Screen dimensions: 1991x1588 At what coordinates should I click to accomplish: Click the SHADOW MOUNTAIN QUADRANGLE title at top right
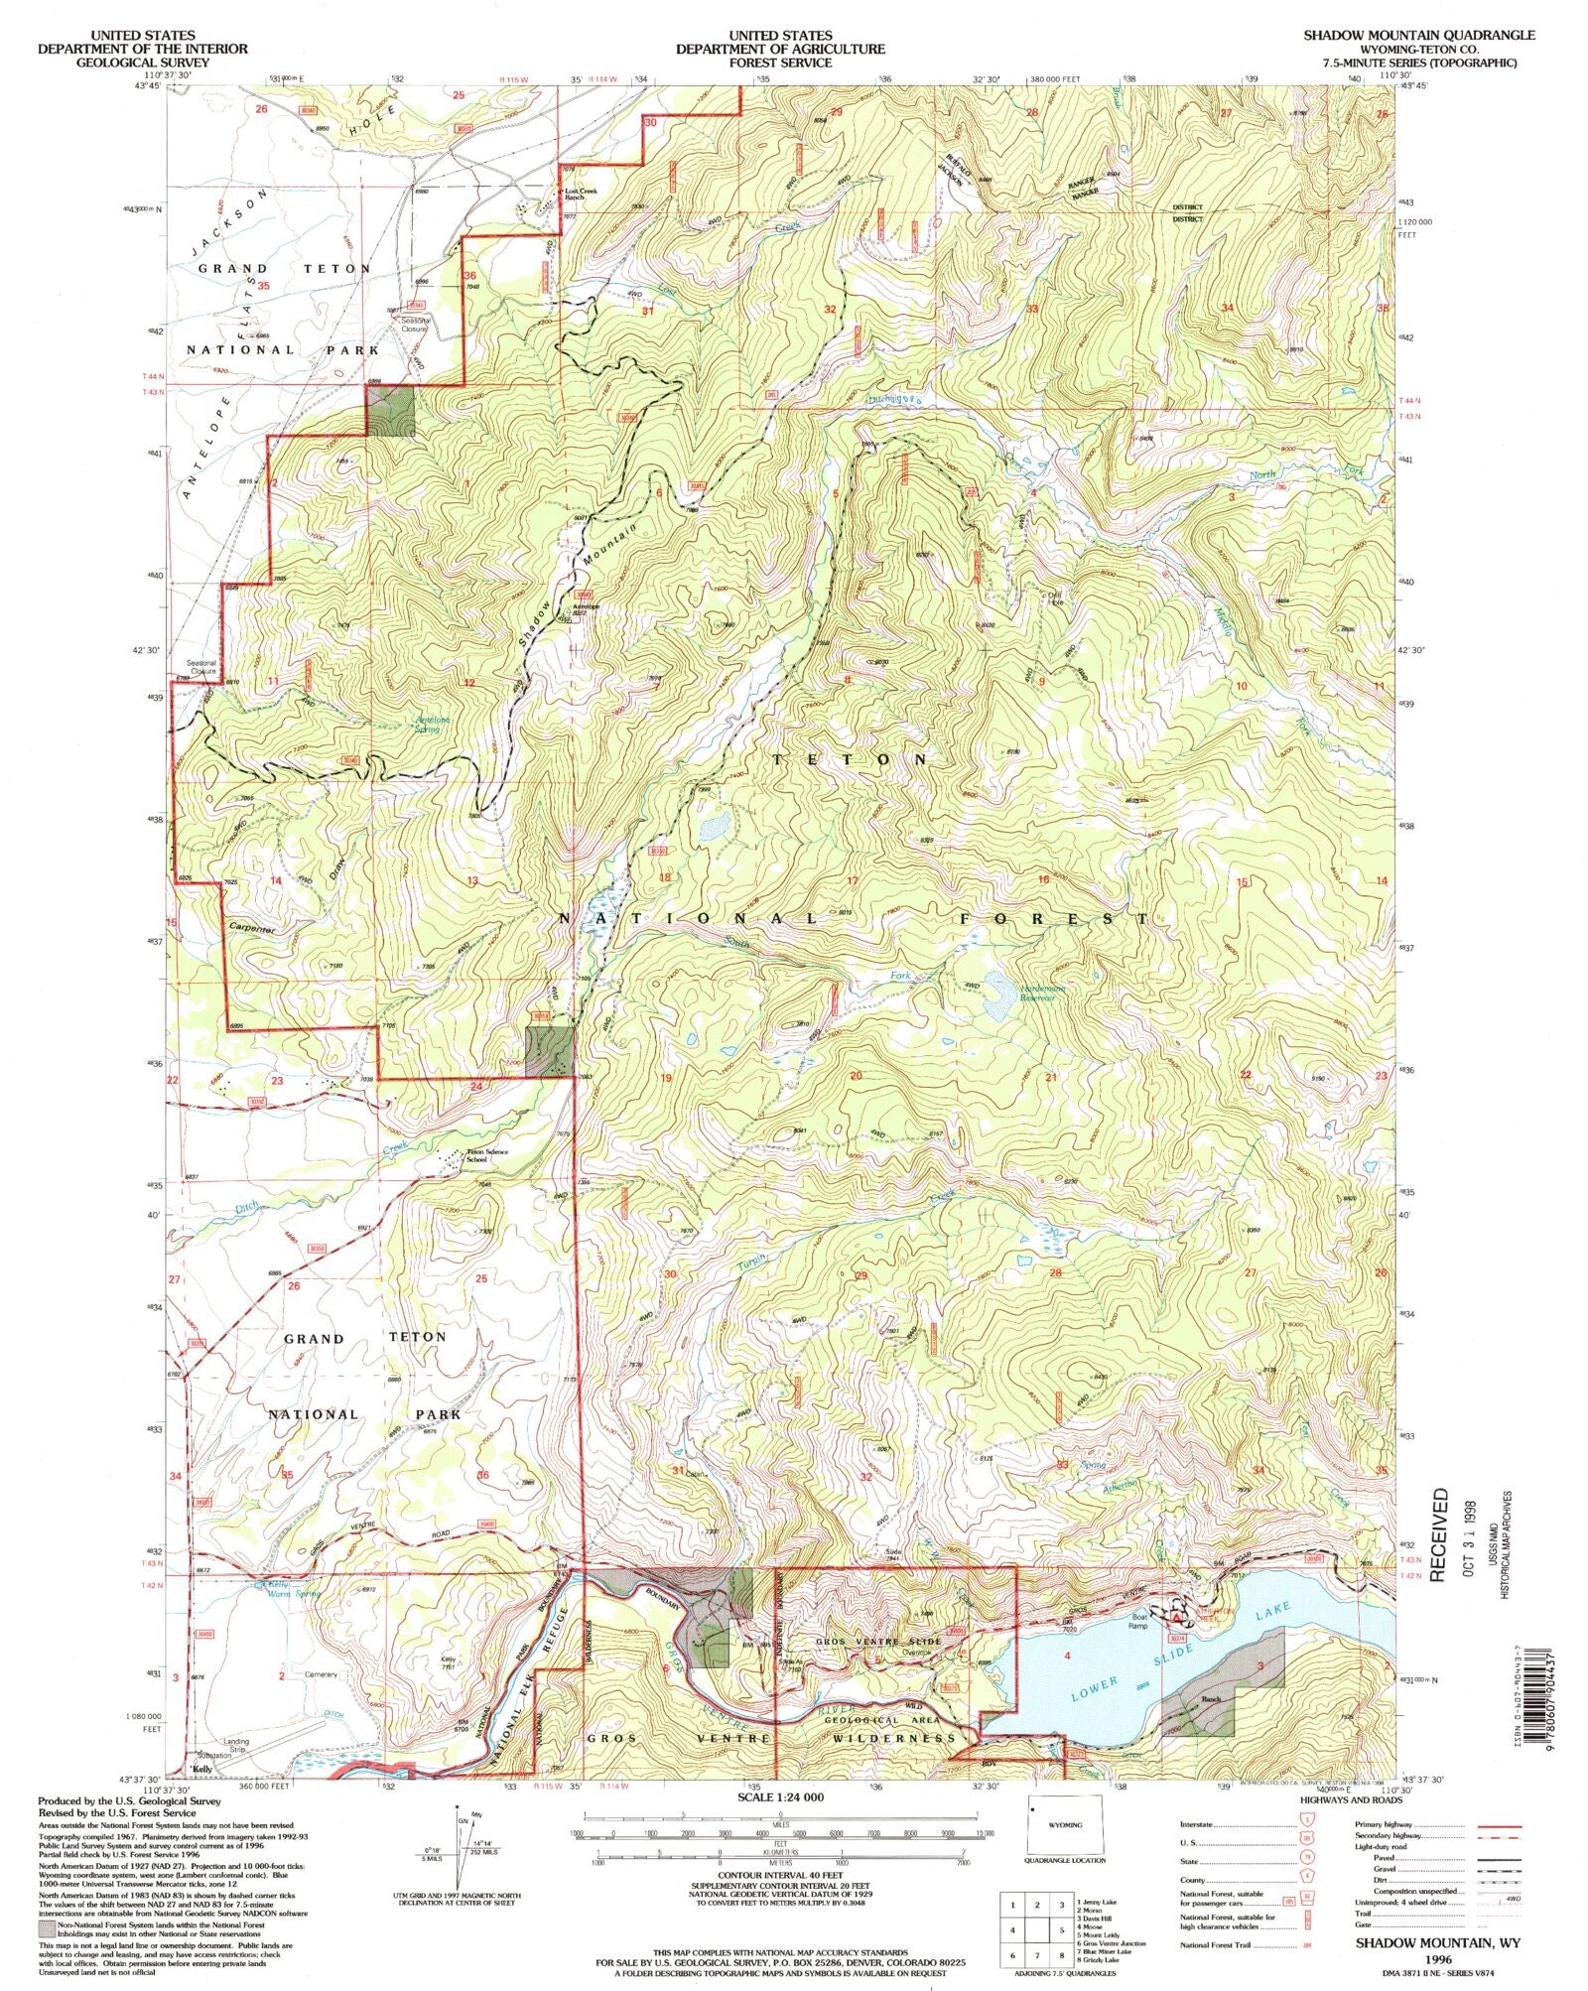[1419, 35]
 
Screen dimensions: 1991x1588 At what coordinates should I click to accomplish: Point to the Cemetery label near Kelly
[323, 1674]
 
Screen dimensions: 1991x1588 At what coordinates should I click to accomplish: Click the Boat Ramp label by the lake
[1137, 1623]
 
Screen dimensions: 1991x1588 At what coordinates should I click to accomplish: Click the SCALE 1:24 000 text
[779, 1796]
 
